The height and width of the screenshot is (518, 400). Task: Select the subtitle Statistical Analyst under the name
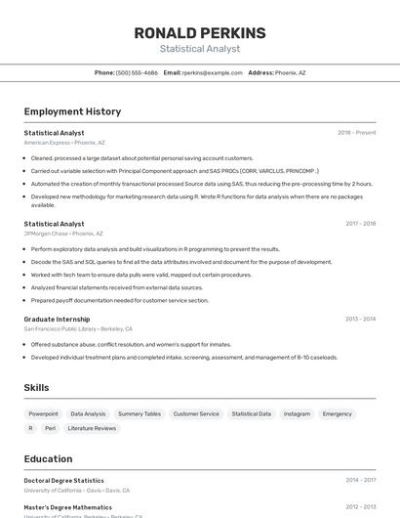click(x=199, y=49)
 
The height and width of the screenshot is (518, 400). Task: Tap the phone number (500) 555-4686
click(x=137, y=72)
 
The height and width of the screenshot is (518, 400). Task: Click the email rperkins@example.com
click(x=212, y=72)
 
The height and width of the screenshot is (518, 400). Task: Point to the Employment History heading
click(x=72, y=111)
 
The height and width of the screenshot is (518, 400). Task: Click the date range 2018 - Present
click(x=356, y=132)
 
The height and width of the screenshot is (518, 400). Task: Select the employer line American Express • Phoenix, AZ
click(x=64, y=142)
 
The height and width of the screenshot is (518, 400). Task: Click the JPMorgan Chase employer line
click(x=63, y=234)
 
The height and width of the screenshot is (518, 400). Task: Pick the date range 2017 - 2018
click(x=360, y=224)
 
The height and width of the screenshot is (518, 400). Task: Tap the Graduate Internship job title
click(x=57, y=319)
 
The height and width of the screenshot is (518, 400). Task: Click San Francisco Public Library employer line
click(x=78, y=328)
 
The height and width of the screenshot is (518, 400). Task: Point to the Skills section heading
click(x=36, y=388)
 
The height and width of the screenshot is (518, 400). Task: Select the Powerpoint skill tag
click(x=43, y=413)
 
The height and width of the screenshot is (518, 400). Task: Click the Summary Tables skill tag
click(x=139, y=413)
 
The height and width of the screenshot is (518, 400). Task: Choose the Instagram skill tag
click(x=297, y=413)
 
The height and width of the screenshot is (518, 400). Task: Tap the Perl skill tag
click(x=50, y=428)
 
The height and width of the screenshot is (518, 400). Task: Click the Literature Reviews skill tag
click(x=92, y=428)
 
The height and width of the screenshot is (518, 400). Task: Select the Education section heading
click(x=48, y=458)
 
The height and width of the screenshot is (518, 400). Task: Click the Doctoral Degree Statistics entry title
click(x=63, y=480)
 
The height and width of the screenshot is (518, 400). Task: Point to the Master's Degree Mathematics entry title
click(x=67, y=507)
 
